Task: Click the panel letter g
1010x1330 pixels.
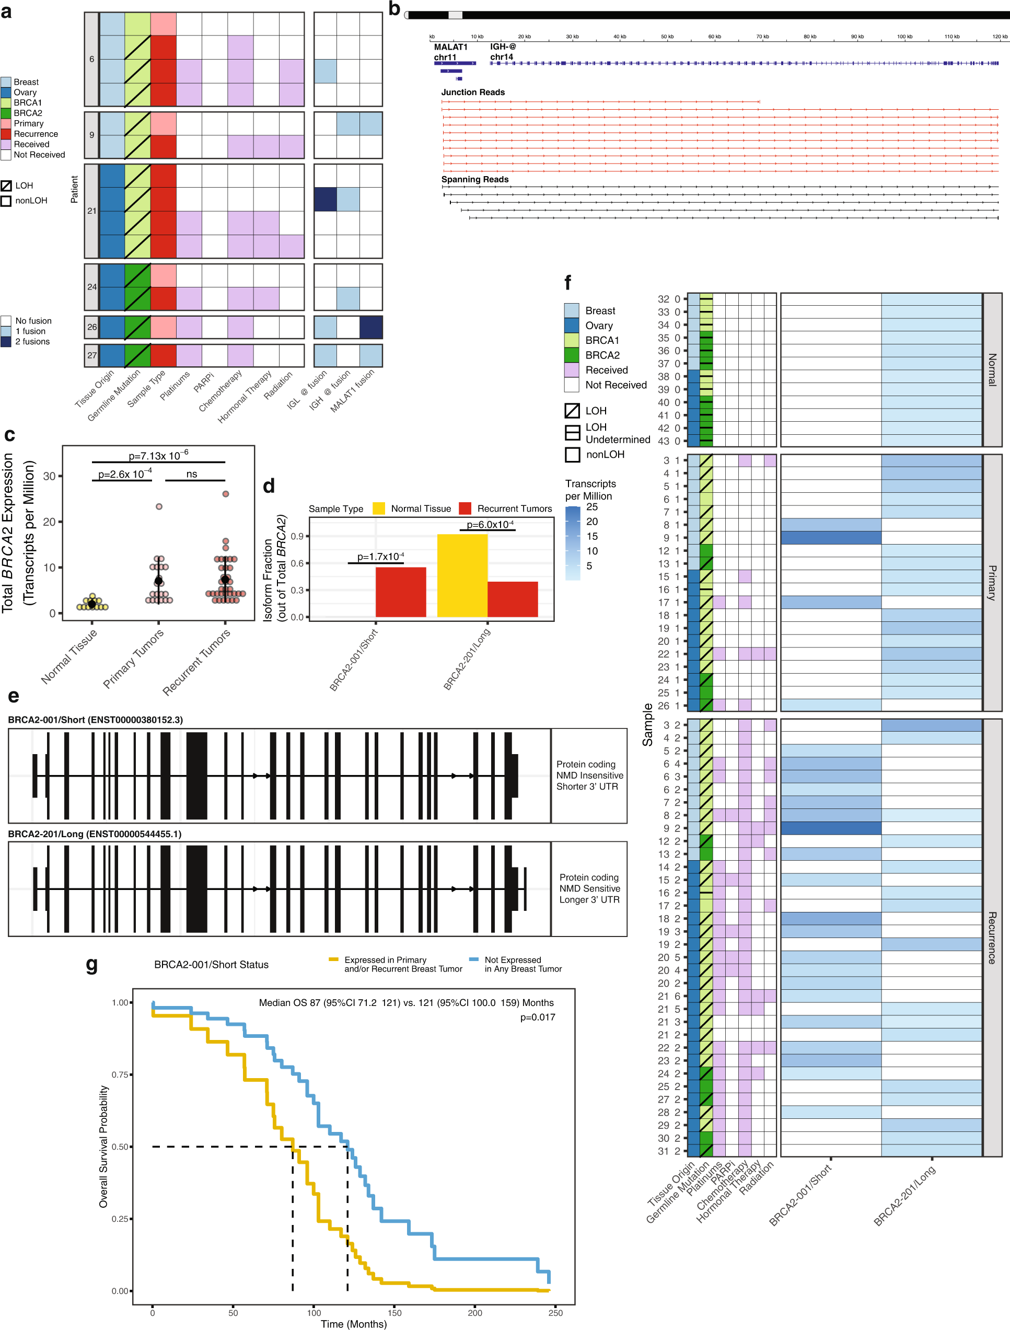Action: (x=91, y=964)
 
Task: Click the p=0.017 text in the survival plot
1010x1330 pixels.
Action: (x=538, y=1017)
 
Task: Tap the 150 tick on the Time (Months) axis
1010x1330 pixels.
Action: (x=394, y=1313)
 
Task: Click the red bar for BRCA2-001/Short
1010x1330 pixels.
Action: (x=400, y=592)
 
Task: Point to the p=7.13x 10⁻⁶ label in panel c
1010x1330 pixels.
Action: (x=158, y=456)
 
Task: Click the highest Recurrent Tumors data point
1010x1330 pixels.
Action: (x=225, y=494)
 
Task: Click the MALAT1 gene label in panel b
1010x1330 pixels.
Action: (x=450, y=47)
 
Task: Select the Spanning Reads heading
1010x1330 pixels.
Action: (x=474, y=179)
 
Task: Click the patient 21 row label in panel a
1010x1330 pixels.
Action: (x=91, y=211)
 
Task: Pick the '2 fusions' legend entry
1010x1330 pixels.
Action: (x=32, y=342)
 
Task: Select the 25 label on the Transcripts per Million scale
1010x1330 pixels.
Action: (x=591, y=507)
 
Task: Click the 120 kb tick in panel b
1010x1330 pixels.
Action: (x=999, y=37)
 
